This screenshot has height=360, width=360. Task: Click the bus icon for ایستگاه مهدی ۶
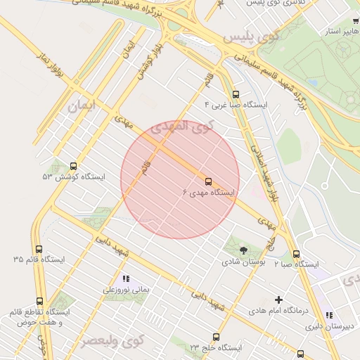207,181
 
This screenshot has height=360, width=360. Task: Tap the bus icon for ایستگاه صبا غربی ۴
235,94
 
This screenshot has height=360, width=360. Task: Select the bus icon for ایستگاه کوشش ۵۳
74,166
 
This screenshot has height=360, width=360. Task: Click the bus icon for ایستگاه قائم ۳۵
38,249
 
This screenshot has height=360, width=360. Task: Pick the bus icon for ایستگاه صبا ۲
296,254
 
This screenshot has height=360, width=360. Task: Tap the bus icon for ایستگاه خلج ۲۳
216,337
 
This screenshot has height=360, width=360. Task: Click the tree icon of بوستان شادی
243,250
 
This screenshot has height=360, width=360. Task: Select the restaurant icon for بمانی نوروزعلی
126,278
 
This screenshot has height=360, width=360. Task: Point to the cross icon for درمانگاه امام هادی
278,300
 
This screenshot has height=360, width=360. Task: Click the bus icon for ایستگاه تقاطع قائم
39,301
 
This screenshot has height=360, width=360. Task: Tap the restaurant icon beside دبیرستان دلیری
328,315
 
